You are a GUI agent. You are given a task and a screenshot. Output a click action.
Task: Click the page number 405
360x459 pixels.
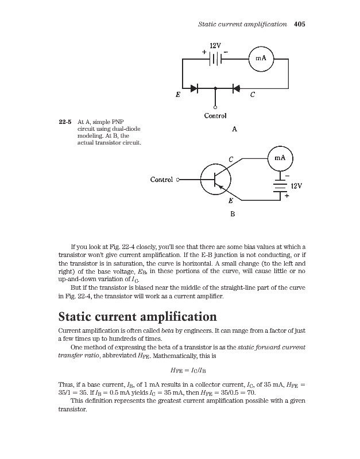pyautogui.click(x=299, y=25)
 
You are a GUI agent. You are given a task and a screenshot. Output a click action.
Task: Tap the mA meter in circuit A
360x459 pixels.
pyautogui.click(x=260, y=58)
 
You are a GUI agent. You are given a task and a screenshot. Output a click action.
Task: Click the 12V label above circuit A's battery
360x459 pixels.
pyautogui.click(x=215, y=45)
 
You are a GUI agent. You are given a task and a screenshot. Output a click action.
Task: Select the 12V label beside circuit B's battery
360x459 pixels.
pyautogui.click(x=296, y=186)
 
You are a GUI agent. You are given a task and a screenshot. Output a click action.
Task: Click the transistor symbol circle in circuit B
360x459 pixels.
pyautogui.click(x=215, y=179)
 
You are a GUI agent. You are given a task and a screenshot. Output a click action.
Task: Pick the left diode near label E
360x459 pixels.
pyautogui.click(x=193, y=88)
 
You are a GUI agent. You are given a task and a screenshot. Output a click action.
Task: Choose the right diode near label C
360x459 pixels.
pyautogui.click(x=235, y=88)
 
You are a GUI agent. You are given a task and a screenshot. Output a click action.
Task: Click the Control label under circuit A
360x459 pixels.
pyautogui.click(x=215, y=116)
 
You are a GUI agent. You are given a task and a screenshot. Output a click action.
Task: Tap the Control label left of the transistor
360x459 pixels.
pyautogui.click(x=162, y=180)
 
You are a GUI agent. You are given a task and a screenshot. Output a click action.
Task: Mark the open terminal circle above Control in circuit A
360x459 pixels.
pyautogui.click(x=215, y=107)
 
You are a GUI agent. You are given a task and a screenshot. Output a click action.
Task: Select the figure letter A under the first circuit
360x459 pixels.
pyautogui.click(x=235, y=130)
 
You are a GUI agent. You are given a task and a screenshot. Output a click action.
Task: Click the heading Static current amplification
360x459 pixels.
pyautogui.click(x=138, y=317)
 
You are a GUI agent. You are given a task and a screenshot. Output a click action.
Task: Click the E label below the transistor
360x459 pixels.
pyautogui.click(x=230, y=201)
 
